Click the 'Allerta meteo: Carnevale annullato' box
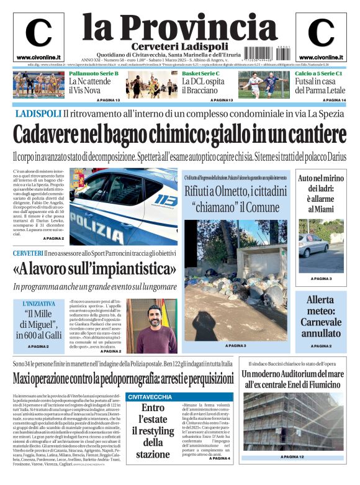(x=321, y=316)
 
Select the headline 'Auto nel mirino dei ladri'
(x=321, y=194)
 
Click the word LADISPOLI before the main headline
(x=38, y=114)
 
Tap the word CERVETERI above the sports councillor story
(x=28, y=253)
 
